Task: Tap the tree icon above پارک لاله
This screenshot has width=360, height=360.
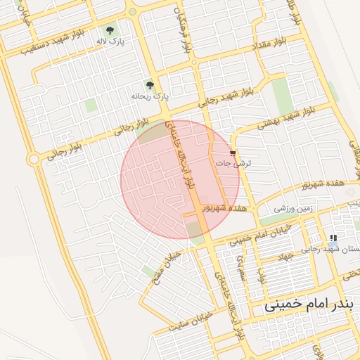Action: click(110, 30)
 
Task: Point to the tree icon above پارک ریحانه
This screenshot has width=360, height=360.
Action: click(149, 84)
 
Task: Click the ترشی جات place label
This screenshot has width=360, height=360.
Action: click(236, 162)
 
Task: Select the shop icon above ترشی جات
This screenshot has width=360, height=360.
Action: click(233, 152)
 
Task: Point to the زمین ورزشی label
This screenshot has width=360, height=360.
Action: click(293, 209)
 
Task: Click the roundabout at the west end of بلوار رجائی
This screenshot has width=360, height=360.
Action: click(33, 160)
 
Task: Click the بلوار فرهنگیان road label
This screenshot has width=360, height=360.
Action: click(184, 32)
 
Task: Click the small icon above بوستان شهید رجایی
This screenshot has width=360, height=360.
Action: click(333, 238)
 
